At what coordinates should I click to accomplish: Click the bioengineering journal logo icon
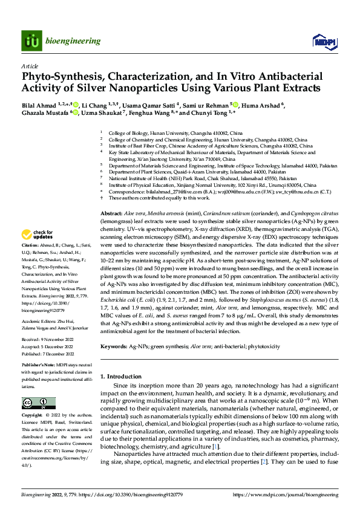coord(31,41)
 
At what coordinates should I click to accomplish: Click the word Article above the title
coord(30,66)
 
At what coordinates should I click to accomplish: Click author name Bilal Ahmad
coord(40,105)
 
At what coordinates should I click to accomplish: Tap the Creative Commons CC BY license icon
coord(38,403)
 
